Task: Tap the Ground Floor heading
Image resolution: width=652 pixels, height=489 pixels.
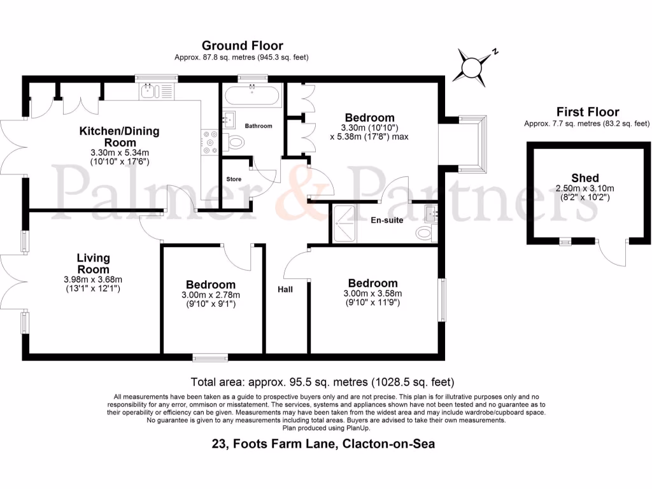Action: (x=242, y=45)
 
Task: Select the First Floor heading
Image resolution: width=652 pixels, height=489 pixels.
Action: (x=587, y=112)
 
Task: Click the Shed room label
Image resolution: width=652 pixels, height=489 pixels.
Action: (x=585, y=178)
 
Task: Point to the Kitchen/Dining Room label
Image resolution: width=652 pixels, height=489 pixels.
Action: (x=119, y=136)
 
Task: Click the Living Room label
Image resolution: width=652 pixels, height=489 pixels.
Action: (x=93, y=264)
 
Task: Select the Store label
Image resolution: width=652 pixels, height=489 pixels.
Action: (x=234, y=179)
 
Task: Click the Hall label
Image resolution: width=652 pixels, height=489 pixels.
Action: (x=285, y=289)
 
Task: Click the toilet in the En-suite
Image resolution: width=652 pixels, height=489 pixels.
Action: (x=425, y=232)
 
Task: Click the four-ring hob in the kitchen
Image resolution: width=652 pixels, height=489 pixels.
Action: (x=209, y=143)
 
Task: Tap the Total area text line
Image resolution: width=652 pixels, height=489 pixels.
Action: (x=322, y=383)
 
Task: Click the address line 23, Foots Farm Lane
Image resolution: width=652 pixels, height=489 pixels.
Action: (x=323, y=444)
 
